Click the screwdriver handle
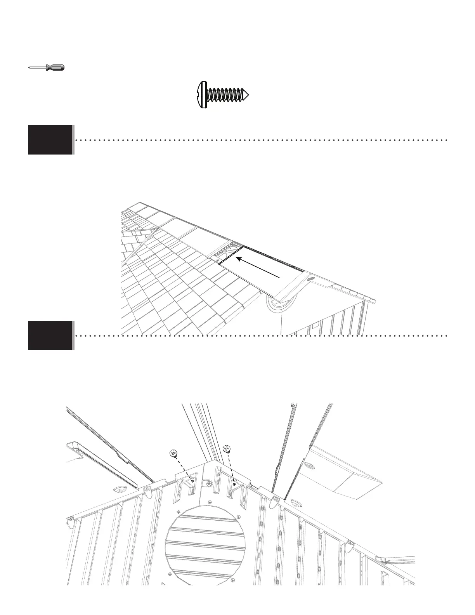tap(55, 68)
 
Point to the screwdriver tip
tap(29, 68)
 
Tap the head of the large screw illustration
tap(200, 94)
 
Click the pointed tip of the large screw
tap(246, 94)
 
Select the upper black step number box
tap(50, 140)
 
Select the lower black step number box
tap(50, 335)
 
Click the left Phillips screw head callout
tap(173, 453)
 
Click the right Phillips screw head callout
tap(227, 449)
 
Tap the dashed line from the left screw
tap(183, 467)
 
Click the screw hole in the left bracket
tap(192, 481)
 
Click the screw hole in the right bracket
tap(234, 484)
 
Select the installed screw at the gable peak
tap(209, 484)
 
